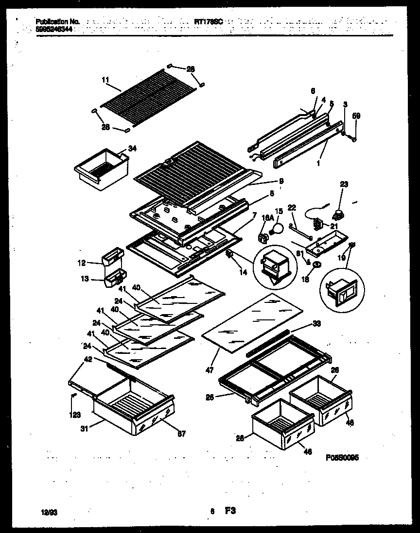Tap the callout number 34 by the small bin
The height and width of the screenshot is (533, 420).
tap(132, 149)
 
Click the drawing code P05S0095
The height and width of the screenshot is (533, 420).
tap(342, 457)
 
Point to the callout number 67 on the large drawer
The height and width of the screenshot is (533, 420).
tap(180, 433)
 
